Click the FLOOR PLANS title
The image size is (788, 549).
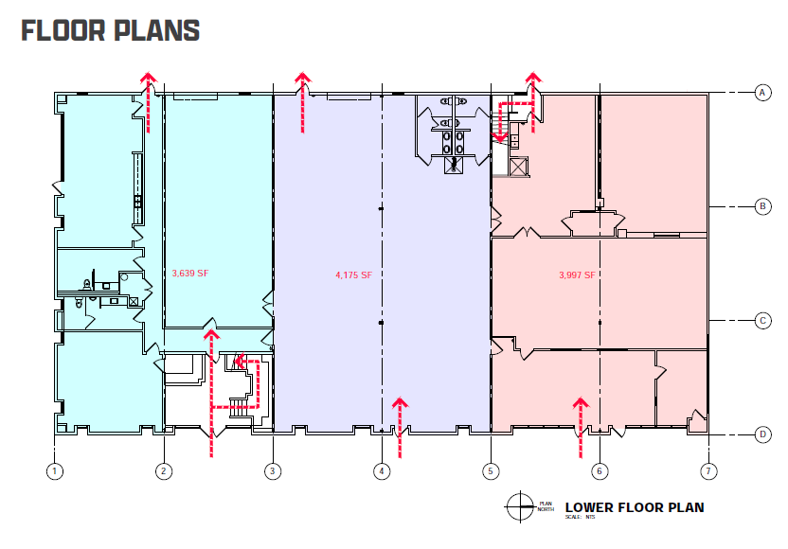110,31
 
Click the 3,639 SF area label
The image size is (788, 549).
189,274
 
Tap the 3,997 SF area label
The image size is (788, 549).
577,275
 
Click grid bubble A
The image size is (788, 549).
761,92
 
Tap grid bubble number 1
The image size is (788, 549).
56,470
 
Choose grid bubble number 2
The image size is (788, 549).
165,470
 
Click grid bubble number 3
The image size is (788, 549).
273,470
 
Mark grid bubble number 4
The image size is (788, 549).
382,470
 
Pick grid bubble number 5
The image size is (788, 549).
490,470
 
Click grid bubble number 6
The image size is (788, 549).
599,470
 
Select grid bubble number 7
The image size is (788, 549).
707,470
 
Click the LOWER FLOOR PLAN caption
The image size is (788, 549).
634,507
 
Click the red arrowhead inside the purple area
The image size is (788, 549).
400,404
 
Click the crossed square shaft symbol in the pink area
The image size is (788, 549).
517,168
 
